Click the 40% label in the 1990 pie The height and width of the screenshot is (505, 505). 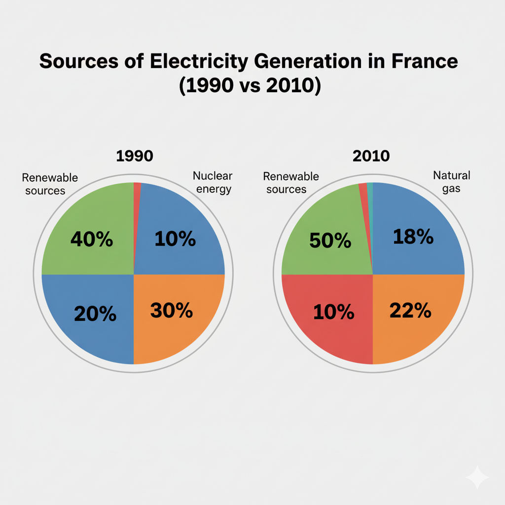92,240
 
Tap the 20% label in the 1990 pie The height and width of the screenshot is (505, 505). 95,314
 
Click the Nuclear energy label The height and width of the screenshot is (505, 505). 212,182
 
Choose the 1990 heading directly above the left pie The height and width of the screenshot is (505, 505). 135,156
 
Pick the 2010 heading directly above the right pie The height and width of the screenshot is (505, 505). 371,156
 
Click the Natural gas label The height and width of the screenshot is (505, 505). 451,181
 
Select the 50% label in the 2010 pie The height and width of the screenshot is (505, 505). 330,241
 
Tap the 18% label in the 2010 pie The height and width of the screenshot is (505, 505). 413,237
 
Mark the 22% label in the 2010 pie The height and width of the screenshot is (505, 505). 410,311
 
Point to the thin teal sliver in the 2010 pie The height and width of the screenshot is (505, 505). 370,197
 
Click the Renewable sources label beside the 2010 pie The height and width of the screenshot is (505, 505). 290,182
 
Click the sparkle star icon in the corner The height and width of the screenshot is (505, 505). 477,477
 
